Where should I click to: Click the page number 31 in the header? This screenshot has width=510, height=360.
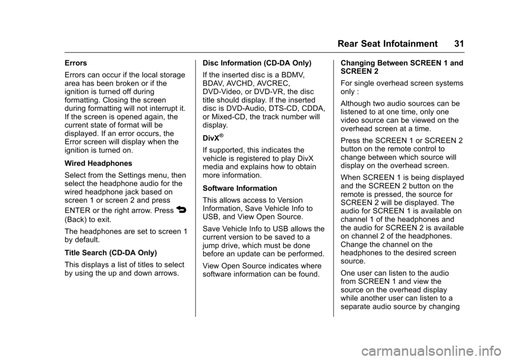tap(459, 44)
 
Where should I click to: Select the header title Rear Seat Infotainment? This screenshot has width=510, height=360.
tap(387, 44)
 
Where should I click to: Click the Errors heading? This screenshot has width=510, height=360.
tap(76, 63)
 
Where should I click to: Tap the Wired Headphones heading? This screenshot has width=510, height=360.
tap(98, 163)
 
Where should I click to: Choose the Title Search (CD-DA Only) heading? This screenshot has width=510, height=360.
tap(110, 253)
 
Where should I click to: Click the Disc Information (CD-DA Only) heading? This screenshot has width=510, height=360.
tap(257, 63)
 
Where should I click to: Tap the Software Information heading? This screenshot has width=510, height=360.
tap(240, 188)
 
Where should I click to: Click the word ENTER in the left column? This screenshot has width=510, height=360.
tap(78, 211)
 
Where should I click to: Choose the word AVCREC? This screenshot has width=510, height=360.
tap(275, 83)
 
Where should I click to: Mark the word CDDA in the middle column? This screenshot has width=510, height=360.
tap(315, 108)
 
